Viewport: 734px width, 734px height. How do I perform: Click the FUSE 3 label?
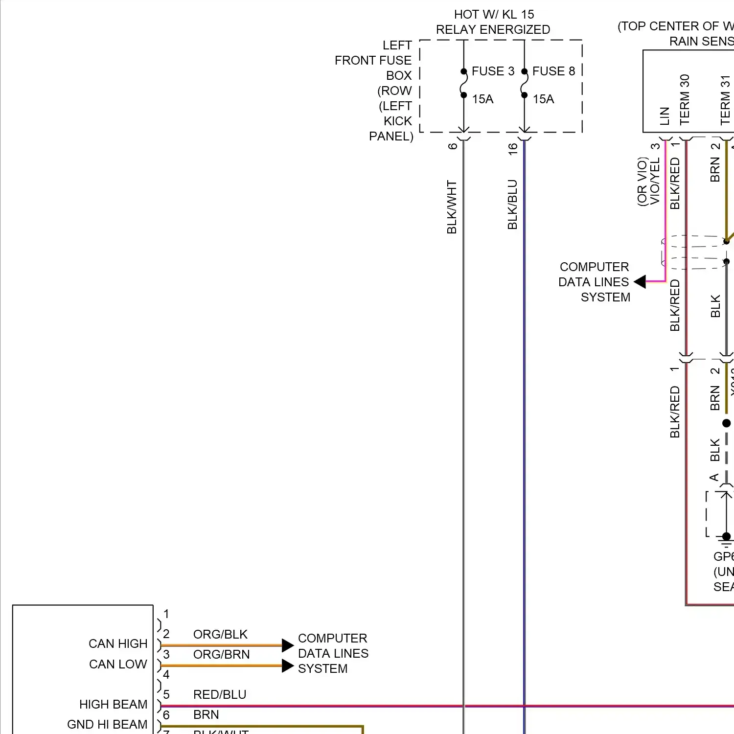coord(493,71)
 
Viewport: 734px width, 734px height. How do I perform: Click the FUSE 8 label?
coord(553,71)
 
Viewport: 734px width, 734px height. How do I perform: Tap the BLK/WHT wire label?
coord(452,207)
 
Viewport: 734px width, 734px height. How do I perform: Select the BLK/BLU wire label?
coord(512,205)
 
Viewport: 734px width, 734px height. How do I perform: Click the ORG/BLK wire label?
coord(220,634)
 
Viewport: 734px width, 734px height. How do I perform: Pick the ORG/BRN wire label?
coord(221,654)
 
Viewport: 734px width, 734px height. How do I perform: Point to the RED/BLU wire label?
coord(220,694)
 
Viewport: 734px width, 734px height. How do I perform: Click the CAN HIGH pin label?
coord(118,643)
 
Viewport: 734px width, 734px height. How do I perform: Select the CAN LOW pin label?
coord(118,664)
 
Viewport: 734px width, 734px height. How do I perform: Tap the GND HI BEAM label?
coord(107,724)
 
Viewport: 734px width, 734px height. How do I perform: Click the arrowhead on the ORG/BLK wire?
coord(288,645)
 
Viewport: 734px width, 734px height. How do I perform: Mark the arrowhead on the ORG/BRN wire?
coord(288,666)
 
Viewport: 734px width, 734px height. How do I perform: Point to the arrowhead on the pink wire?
coord(640,281)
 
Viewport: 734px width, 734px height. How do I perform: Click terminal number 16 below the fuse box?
coord(513,149)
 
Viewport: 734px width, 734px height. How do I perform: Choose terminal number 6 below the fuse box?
coord(453,146)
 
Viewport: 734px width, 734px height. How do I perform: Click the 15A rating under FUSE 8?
coord(543,99)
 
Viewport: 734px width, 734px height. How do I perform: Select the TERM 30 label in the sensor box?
coord(685,99)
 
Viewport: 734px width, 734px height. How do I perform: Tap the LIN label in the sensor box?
coord(665,116)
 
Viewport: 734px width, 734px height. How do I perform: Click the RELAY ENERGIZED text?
coord(493,30)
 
